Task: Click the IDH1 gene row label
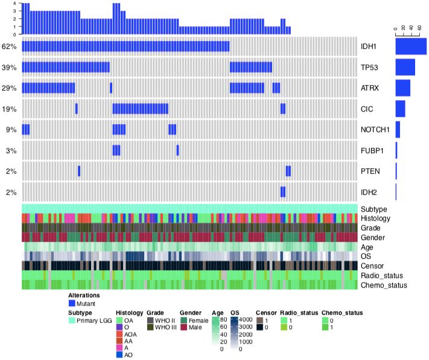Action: tap(369, 46)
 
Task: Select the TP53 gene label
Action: tap(370, 67)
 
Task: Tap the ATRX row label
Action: tap(370, 88)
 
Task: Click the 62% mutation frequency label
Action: tap(8, 46)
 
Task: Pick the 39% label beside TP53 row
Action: tap(8, 67)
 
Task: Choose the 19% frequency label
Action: tap(8, 109)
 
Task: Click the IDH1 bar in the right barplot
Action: tap(411, 46)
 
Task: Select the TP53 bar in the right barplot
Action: tap(405, 67)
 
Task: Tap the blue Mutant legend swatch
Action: tap(72, 304)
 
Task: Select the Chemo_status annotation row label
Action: tap(383, 284)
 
